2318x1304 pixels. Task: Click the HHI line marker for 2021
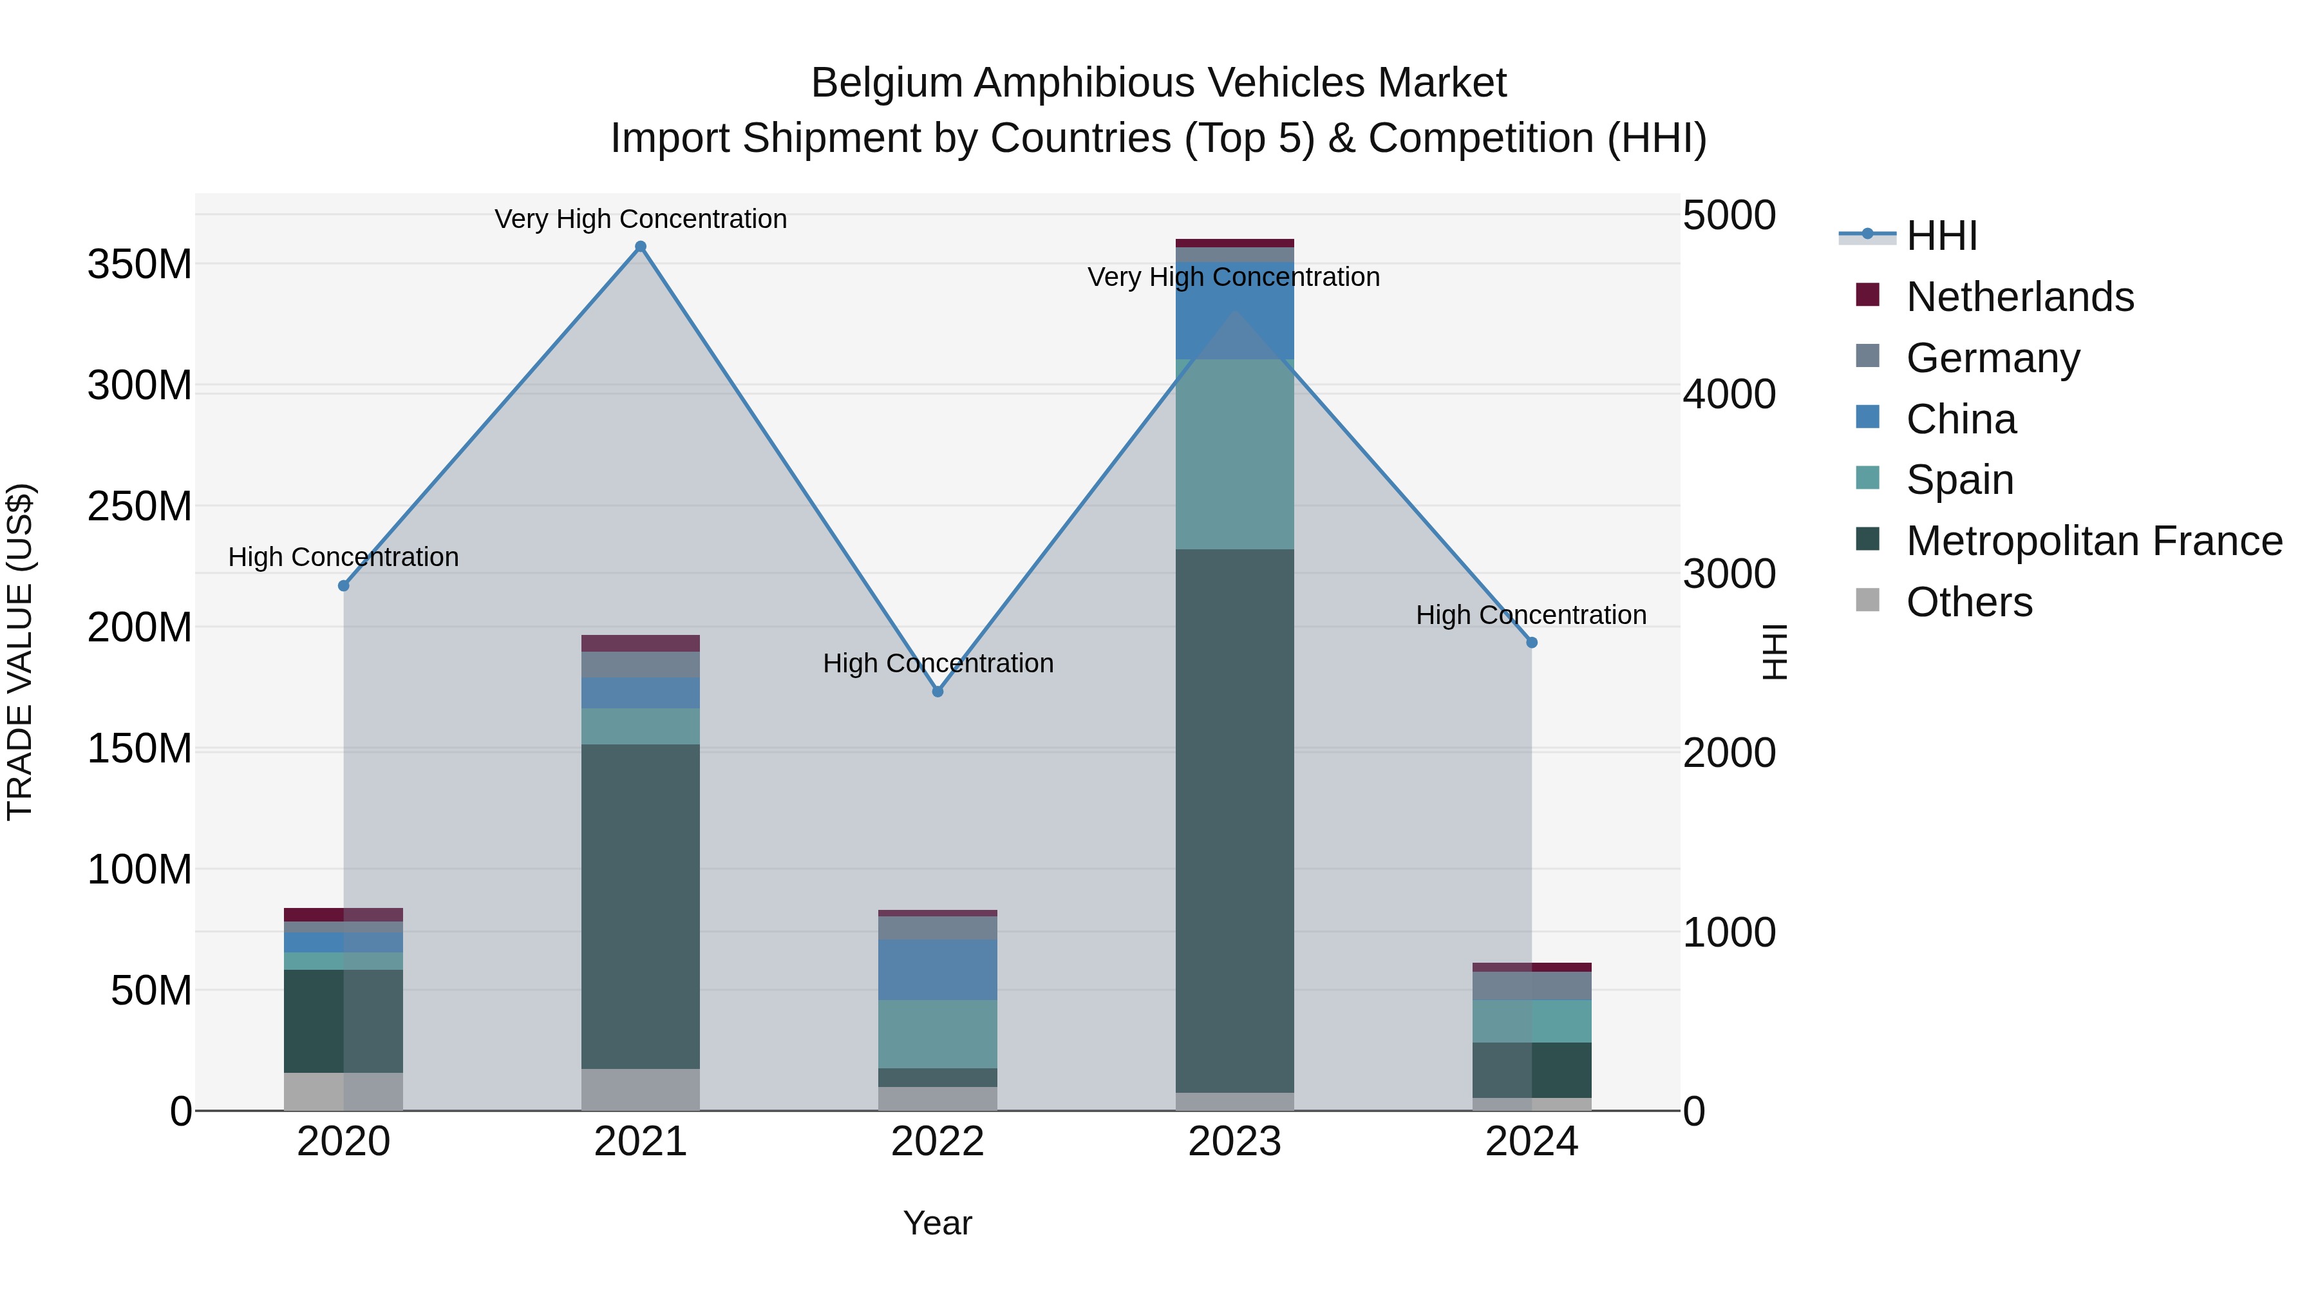tap(641, 247)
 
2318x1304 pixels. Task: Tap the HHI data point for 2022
tap(938, 691)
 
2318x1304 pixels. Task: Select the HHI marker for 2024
tap(1532, 643)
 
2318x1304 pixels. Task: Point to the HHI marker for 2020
tap(344, 586)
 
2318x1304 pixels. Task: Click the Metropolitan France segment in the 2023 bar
tap(1234, 819)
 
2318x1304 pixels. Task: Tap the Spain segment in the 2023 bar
tap(1234, 455)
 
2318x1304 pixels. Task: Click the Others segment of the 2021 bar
tap(641, 1089)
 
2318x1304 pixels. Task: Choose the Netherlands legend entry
tap(2019, 297)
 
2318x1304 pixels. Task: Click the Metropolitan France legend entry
tap(2093, 541)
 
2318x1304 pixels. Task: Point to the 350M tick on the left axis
tap(140, 265)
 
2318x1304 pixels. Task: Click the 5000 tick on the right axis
tap(1729, 215)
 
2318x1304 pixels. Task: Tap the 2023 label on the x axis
tap(1234, 1142)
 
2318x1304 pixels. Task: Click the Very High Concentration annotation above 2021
tap(641, 219)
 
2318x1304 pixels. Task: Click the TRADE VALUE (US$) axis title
tap(20, 652)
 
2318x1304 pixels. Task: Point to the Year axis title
tap(938, 1223)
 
